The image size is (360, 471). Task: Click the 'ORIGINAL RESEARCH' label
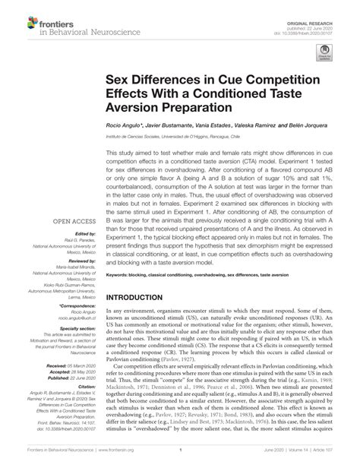[x=327, y=8]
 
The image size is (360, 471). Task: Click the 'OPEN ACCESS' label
[x=72, y=223]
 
